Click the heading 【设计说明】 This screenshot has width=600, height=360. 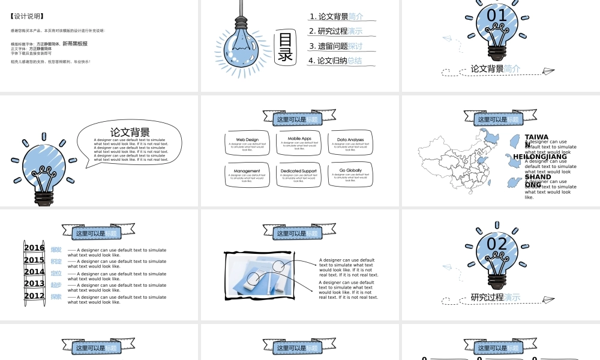pyautogui.click(x=27, y=16)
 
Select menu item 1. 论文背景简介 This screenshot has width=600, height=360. pyautogui.click(x=337, y=17)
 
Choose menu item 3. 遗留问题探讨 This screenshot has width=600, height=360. pyautogui.click(x=337, y=46)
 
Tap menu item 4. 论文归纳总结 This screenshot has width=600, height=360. pyautogui.click(x=337, y=61)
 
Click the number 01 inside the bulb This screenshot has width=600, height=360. pyautogui.click(x=497, y=16)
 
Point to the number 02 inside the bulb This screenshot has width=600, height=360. pyautogui.click(x=497, y=244)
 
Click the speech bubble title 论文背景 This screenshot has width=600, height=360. pyautogui.click(x=130, y=132)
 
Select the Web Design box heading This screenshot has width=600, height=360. pyautogui.click(x=247, y=140)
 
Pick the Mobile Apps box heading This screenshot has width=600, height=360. pyautogui.click(x=299, y=139)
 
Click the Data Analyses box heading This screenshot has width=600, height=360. pyautogui.click(x=350, y=140)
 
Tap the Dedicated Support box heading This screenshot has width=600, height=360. pyautogui.click(x=299, y=171)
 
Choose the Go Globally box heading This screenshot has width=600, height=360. pyautogui.click(x=350, y=170)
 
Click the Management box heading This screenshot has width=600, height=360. pyautogui.click(x=247, y=171)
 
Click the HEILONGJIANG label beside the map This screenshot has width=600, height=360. pyautogui.click(x=540, y=157)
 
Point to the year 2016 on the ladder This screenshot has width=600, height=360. pyautogui.click(x=34, y=248)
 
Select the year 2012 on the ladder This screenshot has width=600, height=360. pyautogui.click(x=34, y=296)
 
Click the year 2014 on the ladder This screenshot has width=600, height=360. pyautogui.click(x=34, y=272)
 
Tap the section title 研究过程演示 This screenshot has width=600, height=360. pyautogui.click(x=496, y=297)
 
